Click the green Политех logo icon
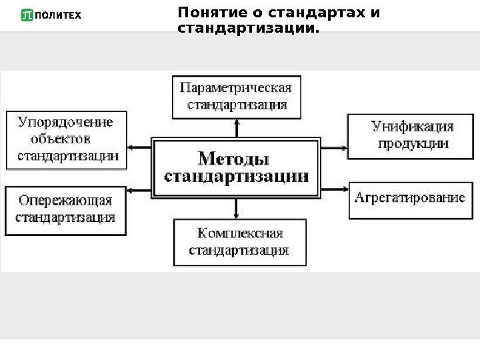27,15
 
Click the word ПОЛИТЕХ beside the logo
57,15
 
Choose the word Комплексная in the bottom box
240,234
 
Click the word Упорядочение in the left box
65,123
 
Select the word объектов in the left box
60,139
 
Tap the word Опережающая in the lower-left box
65,200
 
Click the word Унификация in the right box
412,126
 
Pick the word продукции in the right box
413,143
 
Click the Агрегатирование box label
409,197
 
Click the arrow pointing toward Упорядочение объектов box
139,146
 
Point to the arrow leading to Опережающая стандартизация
139,191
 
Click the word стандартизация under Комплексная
239,251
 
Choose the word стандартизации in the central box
237,177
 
